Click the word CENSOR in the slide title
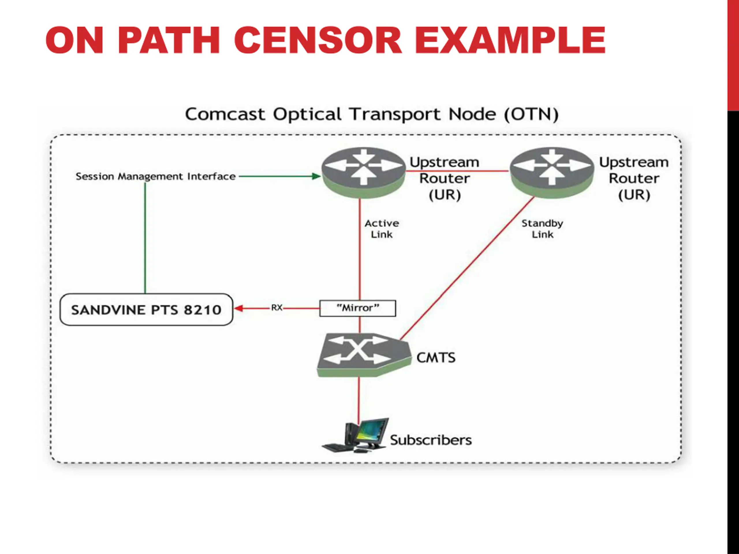click(x=318, y=40)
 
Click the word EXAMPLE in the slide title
click(x=510, y=40)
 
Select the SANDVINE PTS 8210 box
click(x=146, y=310)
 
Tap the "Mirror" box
click(x=358, y=308)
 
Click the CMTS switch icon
click(x=364, y=355)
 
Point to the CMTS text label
click(x=436, y=358)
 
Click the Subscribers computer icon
click(x=355, y=435)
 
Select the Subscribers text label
click(x=431, y=440)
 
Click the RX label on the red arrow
click(x=277, y=308)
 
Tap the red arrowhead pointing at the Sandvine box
click(x=238, y=308)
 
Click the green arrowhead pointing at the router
click(x=316, y=176)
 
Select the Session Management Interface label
click(x=156, y=176)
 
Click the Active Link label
click(x=382, y=229)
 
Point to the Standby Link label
click(x=542, y=229)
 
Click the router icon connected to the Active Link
click(x=363, y=173)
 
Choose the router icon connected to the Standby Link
click(x=552, y=173)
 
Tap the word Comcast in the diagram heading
click(x=225, y=115)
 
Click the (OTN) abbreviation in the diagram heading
click(x=531, y=115)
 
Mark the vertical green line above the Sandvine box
click(x=145, y=238)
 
